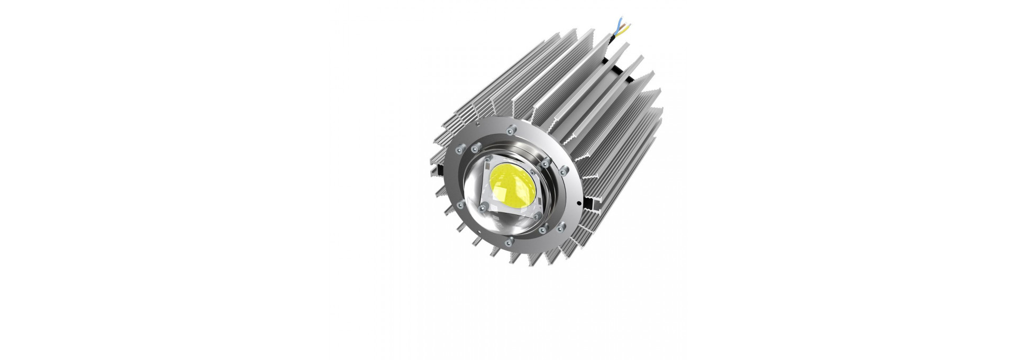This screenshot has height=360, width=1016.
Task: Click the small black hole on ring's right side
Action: click(579, 203)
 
